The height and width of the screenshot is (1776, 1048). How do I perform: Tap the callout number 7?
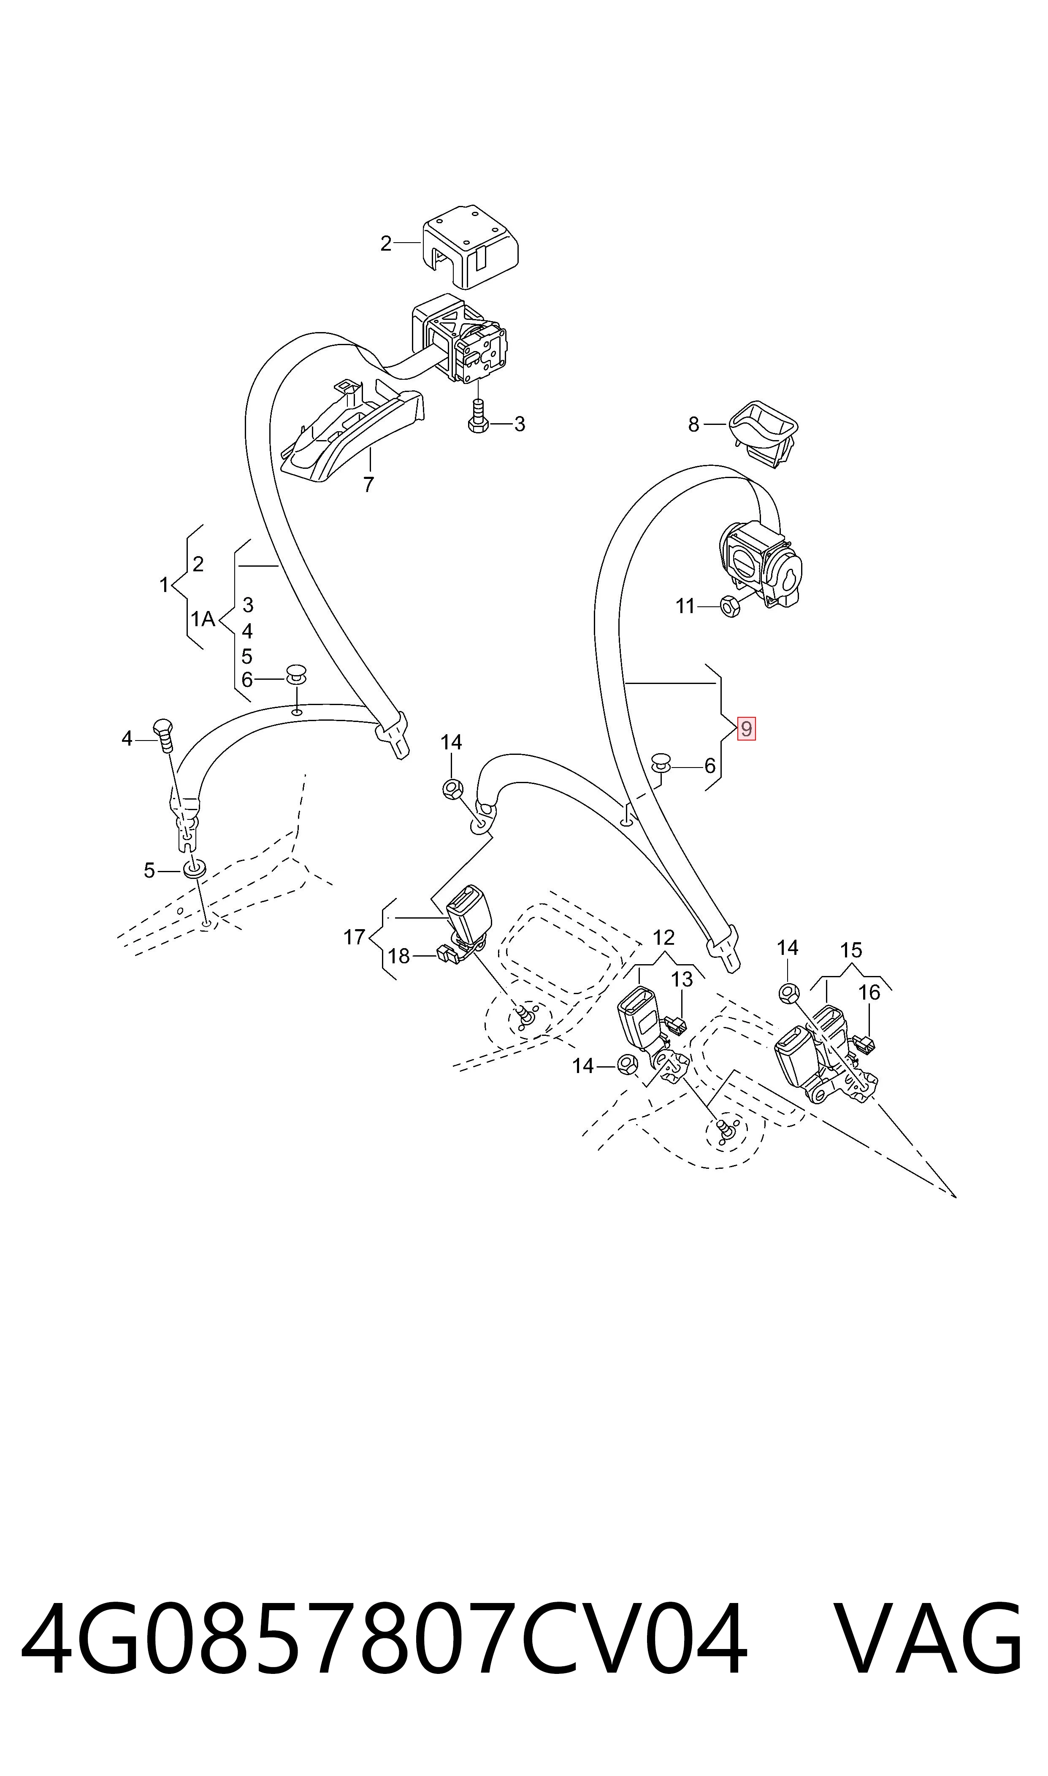[x=368, y=485]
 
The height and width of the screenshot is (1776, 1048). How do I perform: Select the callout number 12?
[x=664, y=938]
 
